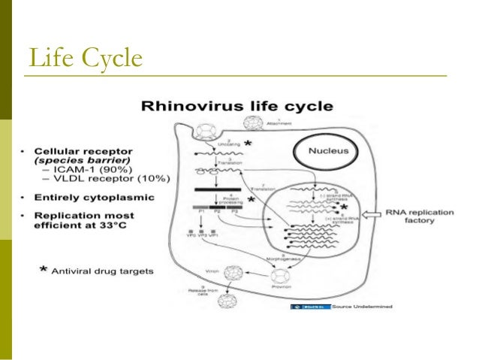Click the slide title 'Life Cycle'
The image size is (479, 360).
coord(84,56)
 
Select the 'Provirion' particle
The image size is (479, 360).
coord(282,284)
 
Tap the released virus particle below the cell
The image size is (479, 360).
coord(226,303)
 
